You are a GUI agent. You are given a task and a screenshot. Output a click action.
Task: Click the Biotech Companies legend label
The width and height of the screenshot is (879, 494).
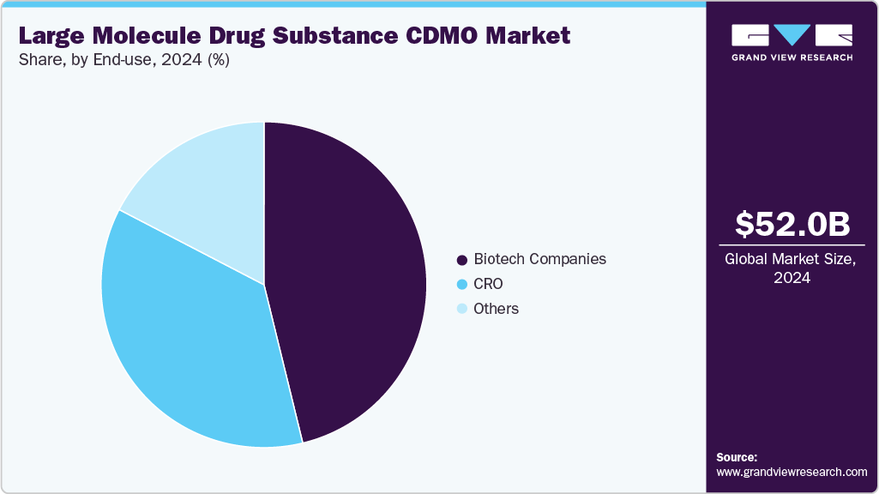click(x=539, y=259)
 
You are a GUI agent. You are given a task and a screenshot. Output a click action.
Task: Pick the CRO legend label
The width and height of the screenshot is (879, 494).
click(x=488, y=284)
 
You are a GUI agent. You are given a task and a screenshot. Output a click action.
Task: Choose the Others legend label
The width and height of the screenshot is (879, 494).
click(x=496, y=309)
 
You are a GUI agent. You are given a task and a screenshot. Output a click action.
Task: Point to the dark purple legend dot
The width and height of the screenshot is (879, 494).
click(x=463, y=260)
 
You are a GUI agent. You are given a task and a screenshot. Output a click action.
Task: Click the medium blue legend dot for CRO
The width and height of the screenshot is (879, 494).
click(x=463, y=285)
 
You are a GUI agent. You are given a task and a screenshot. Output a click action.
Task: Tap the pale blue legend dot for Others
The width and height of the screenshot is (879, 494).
click(x=463, y=309)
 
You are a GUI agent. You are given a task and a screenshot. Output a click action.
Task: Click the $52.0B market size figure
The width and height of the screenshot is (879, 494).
click(x=792, y=224)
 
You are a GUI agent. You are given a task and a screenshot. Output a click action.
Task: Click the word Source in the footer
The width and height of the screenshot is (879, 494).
click(x=737, y=457)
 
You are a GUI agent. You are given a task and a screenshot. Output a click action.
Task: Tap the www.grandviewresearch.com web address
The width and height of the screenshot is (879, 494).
click(x=792, y=472)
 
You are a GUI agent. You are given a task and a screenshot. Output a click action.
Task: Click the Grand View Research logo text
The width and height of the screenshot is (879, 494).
click(x=792, y=57)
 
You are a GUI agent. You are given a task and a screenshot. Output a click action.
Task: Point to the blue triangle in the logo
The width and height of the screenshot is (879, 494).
click(x=792, y=34)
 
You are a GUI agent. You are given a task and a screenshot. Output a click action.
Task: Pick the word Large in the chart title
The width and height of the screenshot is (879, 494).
click(x=51, y=36)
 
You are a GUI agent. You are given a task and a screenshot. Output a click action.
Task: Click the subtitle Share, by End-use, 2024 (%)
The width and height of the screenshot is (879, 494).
click(x=123, y=61)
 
